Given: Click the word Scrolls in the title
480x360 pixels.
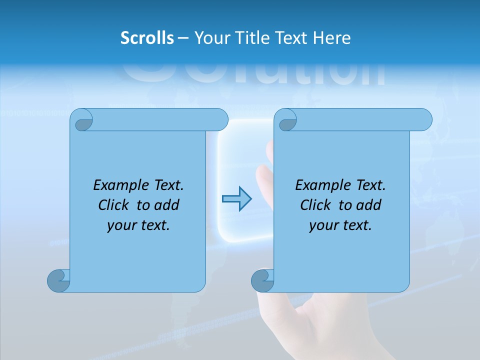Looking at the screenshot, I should pyautogui.click(x=147, y=38).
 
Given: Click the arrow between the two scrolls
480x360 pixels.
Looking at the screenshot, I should pyautogui.click(x=236, y=199).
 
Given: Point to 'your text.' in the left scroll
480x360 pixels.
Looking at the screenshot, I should pyautogui.click(x=138, y=225).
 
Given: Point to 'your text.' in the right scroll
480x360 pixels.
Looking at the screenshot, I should pyautogui.click(x=340, y=225).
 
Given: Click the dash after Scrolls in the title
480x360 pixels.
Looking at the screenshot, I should pyautogui.click(x=183, y=38).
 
